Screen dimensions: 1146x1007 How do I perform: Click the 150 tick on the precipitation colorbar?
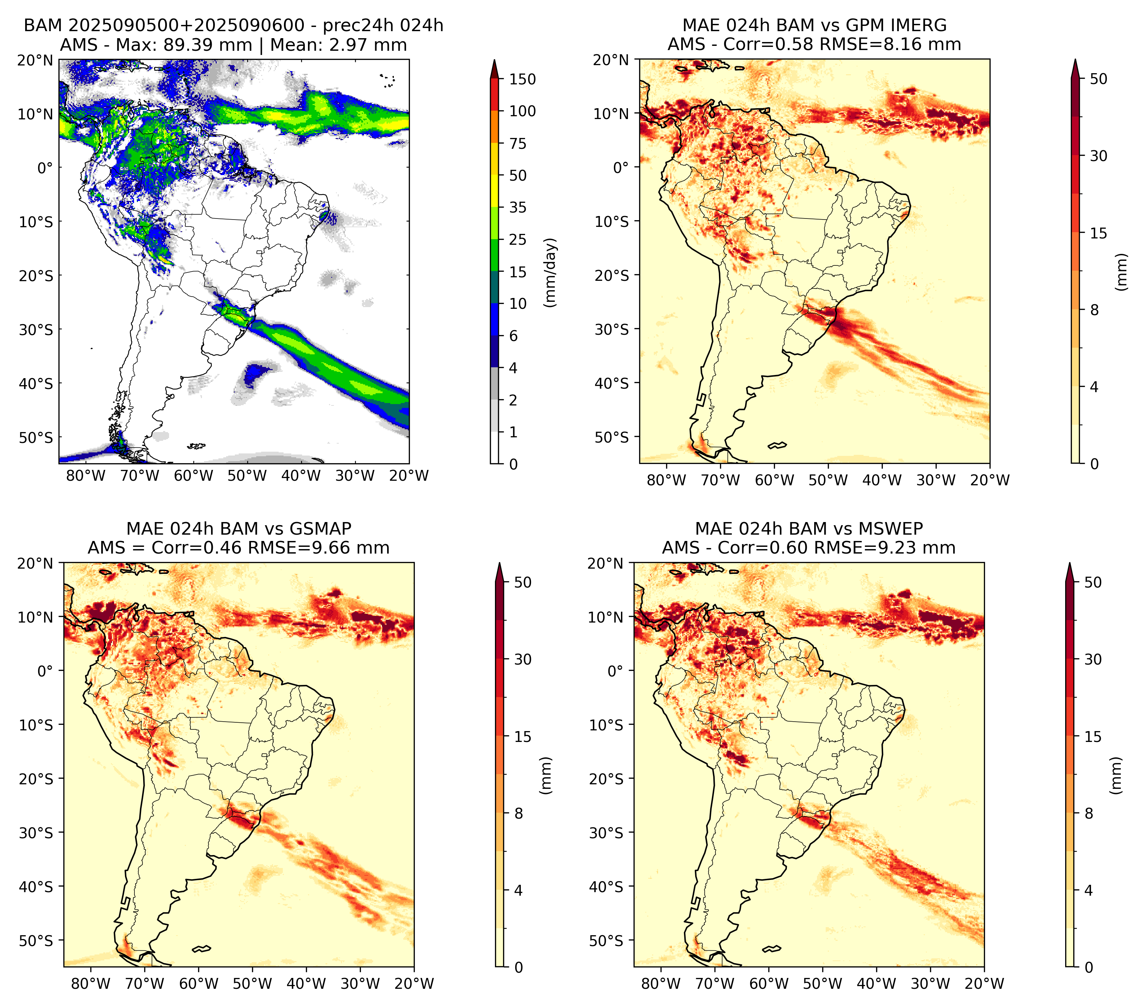click(522, 79)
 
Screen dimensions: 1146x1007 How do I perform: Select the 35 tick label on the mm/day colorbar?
click(517, 207)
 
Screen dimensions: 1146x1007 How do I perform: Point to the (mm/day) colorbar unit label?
click(551, 272)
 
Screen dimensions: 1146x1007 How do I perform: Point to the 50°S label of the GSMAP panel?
click(36, 940)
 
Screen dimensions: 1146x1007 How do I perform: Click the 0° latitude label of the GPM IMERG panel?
click(621, 167)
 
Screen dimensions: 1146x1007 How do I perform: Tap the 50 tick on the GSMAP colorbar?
click(523, 582)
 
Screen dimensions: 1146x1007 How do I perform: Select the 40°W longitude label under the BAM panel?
click(301, 475)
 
